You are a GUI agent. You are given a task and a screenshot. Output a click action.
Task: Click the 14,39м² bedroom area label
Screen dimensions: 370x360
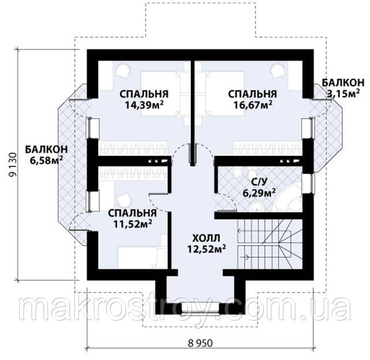click(x=145, y=105)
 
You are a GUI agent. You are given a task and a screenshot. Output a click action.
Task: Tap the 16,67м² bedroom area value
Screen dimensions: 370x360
click(x=253, y=105)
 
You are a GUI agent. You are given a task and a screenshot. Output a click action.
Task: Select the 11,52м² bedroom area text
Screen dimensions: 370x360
click(x=132, y=224)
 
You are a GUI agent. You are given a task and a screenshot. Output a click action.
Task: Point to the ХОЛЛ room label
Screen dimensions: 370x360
click(x=206, y=238)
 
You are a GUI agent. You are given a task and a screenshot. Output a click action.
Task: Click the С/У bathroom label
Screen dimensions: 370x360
click(x=259, y=182)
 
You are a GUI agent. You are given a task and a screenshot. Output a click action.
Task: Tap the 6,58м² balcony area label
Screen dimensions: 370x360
click(x=46, y=160)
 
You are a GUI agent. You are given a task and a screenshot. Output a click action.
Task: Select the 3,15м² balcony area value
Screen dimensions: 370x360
click(x=343, y=94)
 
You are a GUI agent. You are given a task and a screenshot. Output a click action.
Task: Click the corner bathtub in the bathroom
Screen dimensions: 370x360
click(x=288, y=198)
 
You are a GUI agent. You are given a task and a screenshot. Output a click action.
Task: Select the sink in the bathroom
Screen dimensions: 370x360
click(x=257, y=206)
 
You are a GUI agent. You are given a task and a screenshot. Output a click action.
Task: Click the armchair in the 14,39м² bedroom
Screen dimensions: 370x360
click(x=123, y=70)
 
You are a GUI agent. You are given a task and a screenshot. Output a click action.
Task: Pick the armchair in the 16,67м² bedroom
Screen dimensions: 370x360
click(x=278, y=70)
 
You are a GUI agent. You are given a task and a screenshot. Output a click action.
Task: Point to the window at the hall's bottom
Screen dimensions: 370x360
click(x=201, y=308)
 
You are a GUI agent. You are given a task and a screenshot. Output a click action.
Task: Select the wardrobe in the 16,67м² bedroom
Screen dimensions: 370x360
click(x=268, y=149)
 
